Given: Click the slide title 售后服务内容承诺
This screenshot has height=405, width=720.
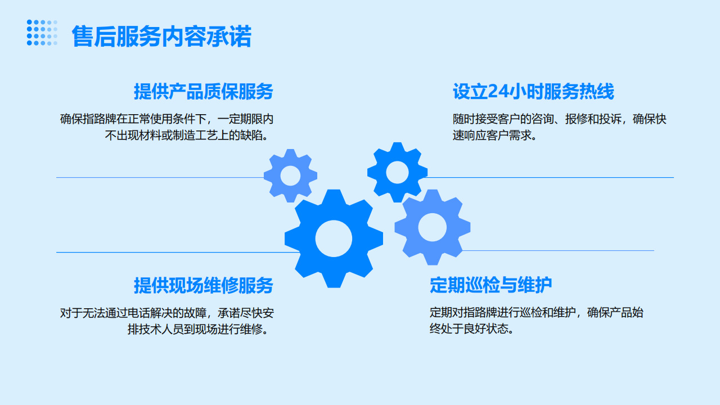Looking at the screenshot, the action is (161, 37).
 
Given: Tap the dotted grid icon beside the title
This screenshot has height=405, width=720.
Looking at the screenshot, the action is (42, 33).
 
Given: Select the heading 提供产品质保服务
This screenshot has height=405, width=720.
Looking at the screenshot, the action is (204, 91).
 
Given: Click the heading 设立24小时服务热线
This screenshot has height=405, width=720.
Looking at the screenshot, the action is (533, 91).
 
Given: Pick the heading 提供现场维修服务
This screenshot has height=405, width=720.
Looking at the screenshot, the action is (204, 285).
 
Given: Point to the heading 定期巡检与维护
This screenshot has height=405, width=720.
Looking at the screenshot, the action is (490, 285).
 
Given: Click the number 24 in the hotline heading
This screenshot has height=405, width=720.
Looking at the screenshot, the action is (498, 91).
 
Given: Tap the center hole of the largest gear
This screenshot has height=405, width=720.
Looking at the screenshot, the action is (334, 238).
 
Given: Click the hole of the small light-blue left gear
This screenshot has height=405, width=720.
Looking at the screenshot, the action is (290, 176).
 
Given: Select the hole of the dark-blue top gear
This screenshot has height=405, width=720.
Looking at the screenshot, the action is (397, 172).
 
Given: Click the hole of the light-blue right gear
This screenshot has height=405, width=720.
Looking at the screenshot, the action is (433, 227).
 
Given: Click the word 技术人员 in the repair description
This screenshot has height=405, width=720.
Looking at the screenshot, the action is (161, 329).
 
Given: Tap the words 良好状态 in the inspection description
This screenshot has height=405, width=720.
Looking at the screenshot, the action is (486, 328).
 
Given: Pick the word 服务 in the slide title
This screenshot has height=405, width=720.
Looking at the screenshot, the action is (138, 37).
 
